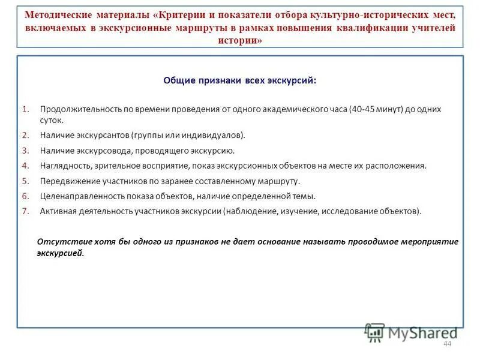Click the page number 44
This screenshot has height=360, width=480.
(446, 343)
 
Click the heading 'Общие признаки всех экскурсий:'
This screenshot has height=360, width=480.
(240, 80)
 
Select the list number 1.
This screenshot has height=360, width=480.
(25, 109)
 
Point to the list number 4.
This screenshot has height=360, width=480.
(25, 166)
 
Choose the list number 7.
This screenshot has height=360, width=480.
(25, 211)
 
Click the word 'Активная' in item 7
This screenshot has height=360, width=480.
(57, 211)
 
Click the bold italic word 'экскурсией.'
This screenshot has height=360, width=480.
(61, 253)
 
